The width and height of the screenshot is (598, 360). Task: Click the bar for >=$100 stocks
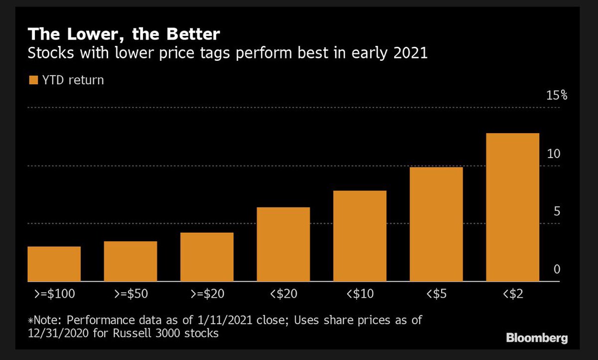pos(54,264)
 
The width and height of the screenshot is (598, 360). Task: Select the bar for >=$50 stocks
pos(131,261)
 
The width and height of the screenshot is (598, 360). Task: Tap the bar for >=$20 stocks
pos(207,257)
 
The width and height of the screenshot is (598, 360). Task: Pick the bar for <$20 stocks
pos(283,244)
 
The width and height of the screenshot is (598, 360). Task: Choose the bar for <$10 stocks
pos(360,236)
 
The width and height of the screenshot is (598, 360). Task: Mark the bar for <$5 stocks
pos(436,224)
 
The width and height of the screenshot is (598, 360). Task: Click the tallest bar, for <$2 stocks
pos(512,207)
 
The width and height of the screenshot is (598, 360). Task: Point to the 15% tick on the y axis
pos(557,95)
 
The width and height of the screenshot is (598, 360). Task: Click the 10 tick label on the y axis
pos(554,154)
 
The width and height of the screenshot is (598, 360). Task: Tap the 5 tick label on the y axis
pos(557,211)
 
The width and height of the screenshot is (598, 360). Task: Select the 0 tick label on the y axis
pos(557,269)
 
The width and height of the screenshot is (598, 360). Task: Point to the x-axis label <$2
pos(512,294)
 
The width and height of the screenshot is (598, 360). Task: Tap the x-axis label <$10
pos(359,294)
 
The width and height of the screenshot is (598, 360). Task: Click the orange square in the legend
pos(33,80)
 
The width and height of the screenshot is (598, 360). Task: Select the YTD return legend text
pos(73,80)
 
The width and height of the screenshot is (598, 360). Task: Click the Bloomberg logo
pos(537,339)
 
